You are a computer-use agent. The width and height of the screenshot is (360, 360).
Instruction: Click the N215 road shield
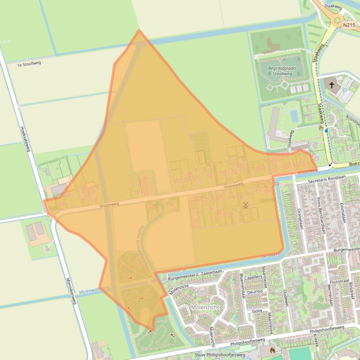point(349,25)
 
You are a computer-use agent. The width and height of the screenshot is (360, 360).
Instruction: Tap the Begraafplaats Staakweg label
point(282,71)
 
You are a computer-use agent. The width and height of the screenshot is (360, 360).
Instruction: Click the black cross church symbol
point(332,85)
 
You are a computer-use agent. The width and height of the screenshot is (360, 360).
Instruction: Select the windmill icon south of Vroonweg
point(245,205)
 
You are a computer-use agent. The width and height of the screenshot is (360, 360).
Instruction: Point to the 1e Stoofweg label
point(29,64)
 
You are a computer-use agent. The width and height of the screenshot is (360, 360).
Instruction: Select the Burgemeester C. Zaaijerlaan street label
point(195,274)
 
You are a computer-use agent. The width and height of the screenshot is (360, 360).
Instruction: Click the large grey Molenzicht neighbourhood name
point(205,307)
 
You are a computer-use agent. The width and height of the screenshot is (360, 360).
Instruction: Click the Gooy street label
point(257,310)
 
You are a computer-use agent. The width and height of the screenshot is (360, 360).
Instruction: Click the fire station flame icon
point(272,349)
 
